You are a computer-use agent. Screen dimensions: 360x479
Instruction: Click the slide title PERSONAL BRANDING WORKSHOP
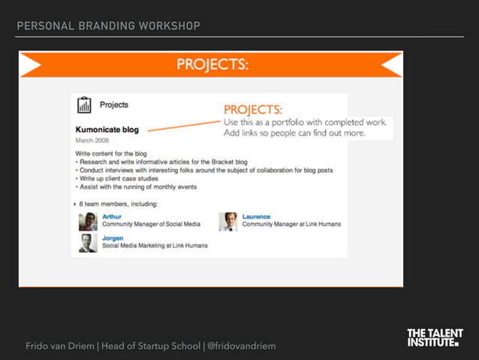point(108,26)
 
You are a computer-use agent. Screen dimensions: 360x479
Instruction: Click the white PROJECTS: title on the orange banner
point(212,65)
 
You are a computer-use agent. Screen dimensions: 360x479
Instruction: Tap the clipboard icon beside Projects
point(84,104)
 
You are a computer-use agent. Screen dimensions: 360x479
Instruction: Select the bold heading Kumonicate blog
point(107,129)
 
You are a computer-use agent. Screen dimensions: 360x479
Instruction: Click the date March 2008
point(92,141)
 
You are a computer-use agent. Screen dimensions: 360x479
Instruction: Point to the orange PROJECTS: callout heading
point(252,109)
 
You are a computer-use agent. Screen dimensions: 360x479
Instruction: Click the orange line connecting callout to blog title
point(184,126)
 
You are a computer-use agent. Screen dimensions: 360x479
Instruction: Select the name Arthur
point(112,216)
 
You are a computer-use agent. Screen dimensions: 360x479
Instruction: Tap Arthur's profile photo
point(88,221)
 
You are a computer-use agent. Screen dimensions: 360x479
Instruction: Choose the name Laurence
point(256,216)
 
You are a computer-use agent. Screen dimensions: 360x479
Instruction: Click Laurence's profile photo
point(228,221)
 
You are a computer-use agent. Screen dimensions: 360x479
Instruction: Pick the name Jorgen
point(113,238)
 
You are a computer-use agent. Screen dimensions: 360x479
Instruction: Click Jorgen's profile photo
point(88,243)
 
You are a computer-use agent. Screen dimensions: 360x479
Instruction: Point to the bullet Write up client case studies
point(131,179)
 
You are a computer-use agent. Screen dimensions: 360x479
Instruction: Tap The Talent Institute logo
point(435,337)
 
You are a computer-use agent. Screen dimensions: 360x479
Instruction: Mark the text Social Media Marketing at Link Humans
point(155,246)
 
